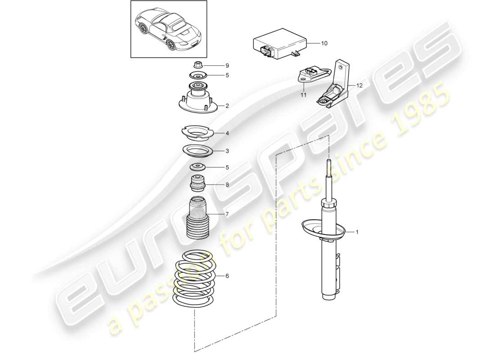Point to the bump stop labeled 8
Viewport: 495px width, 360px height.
(196, 184)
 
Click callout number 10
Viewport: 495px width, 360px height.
(324, 44)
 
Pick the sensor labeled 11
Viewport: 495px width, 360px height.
(313, 75)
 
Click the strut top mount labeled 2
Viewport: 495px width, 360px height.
(196, 99)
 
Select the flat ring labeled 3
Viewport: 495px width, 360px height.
(196, 150)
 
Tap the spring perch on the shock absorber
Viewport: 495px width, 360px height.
(322, 229)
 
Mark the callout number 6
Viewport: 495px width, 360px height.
(227, 276)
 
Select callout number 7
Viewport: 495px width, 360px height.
(227, 215)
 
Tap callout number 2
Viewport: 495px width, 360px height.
(227, 106)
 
